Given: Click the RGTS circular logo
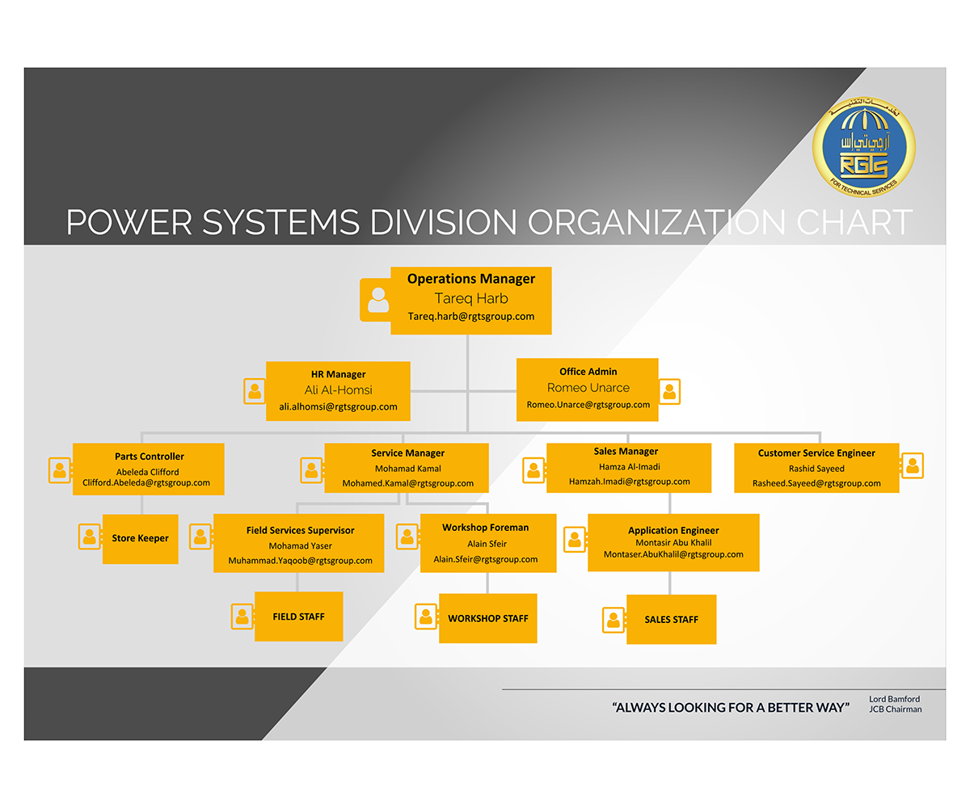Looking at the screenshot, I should point(863,147).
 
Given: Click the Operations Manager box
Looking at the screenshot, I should point(471,300).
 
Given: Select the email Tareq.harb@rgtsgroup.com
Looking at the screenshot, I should point(471,317).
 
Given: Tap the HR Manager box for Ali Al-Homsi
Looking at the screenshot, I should point(338,391).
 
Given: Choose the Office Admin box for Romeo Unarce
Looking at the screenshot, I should point(588,389).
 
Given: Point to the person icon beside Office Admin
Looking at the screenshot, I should point(669,392).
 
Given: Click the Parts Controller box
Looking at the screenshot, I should point(148,469).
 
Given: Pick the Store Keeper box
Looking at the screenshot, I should point(141,538).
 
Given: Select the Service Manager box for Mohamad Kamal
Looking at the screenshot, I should point(407,468).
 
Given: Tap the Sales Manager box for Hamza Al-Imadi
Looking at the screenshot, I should point(629,467).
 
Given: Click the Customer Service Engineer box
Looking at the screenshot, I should point(816,468).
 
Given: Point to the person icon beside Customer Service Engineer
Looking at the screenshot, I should point(912,465).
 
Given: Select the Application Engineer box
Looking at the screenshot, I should point(673,542).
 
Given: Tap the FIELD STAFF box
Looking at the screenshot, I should point(298,617).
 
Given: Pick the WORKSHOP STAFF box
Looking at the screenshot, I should point(488,618).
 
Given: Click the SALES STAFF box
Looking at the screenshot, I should point(671,620).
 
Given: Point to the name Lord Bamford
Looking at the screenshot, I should point(894,699).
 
